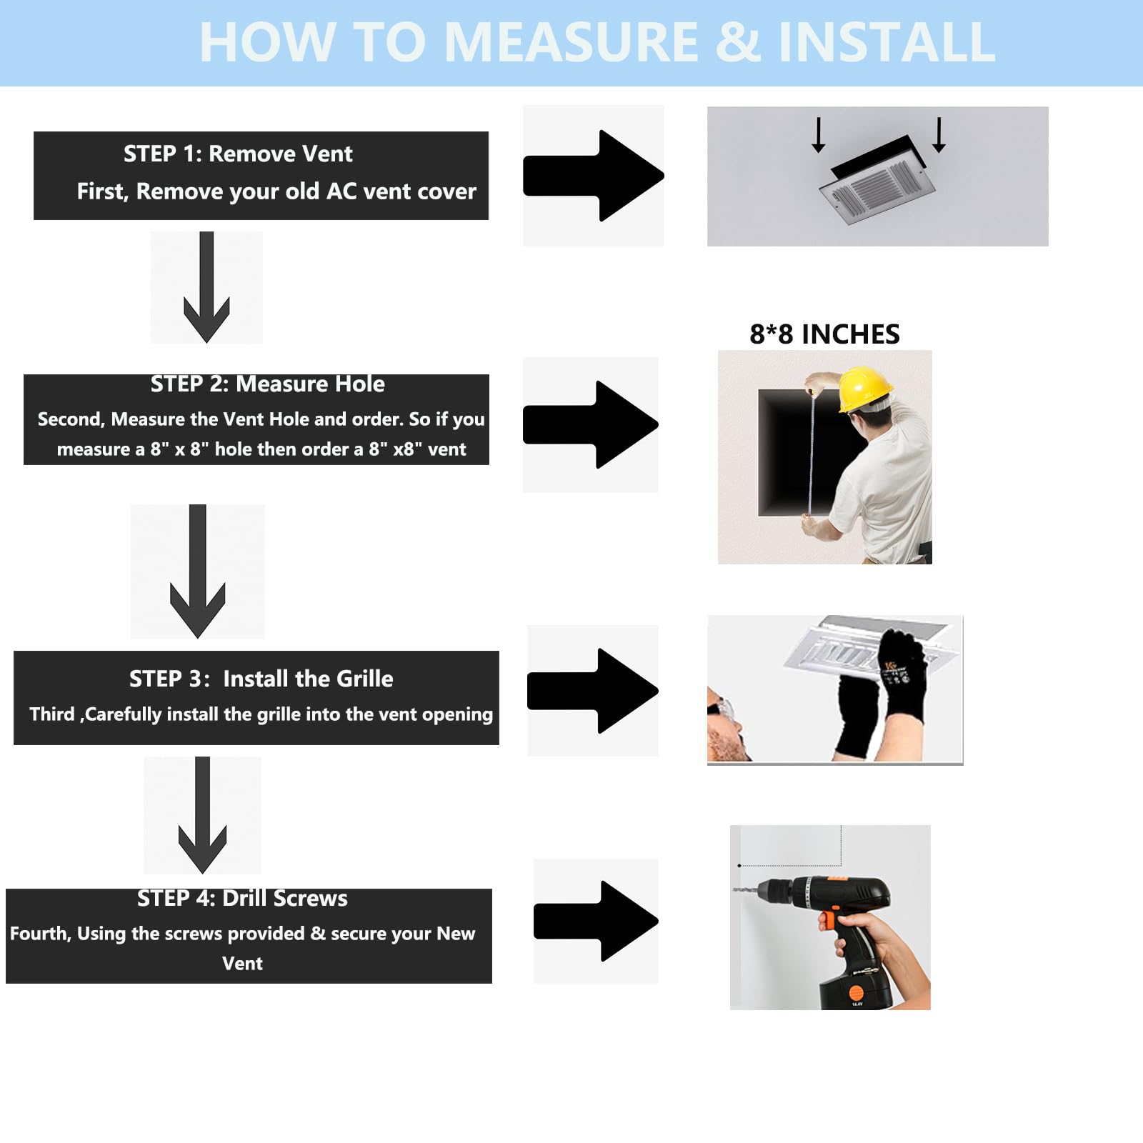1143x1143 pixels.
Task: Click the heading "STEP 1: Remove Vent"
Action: click(x=238, y=154)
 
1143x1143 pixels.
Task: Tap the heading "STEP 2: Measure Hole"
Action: click(x=267, y=384)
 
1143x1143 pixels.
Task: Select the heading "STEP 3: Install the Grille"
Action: click(x=261, y=679)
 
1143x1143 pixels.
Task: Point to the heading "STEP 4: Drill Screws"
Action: click(x=242, y=898)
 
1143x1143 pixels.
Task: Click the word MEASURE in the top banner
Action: click(x=571, y=42)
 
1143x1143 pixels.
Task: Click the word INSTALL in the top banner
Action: click(x=887, y=42)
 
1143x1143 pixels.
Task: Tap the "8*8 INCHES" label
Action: click(x=824, y=334)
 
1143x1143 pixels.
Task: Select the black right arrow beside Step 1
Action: click(x=594, y=176)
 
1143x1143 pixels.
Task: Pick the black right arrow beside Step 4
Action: click(x=596, y=921)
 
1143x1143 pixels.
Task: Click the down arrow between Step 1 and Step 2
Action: click(x=206, y=287)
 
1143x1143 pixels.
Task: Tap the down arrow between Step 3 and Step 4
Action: click(x=202, y=815)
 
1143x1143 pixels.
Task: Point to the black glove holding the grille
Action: click(x=903, y=672)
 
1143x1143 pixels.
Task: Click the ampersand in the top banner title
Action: click(x=738, y=42)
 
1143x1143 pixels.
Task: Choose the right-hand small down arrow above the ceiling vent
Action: click(x=939, y=135)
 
